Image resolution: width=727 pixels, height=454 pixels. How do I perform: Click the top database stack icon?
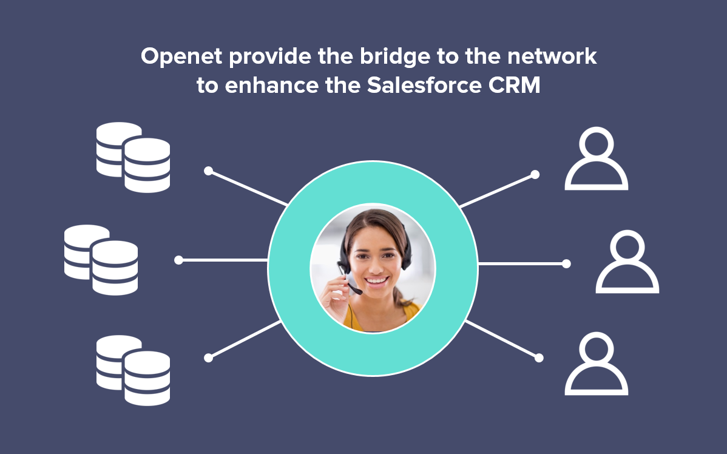(133, 157)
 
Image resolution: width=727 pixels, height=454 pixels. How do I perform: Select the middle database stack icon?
(101, 260)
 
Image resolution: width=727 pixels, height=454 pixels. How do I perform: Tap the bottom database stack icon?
(133, 370)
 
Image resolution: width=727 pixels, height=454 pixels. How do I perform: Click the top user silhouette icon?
(596, 158)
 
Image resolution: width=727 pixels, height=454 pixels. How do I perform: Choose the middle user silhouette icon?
(627, 262)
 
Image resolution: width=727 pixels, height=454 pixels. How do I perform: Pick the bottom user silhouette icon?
(596, 364)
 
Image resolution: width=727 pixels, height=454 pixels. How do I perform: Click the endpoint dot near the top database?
(208, 171)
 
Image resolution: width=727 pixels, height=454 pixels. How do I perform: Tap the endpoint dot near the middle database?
(178, 260)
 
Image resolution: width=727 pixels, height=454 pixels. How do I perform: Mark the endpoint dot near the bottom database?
(208, 358)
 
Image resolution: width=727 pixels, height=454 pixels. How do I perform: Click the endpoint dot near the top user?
(535, 174)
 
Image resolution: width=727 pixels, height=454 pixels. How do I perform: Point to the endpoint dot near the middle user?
(566, 264)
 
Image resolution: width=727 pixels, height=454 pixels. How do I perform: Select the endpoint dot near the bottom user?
(538, 357)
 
